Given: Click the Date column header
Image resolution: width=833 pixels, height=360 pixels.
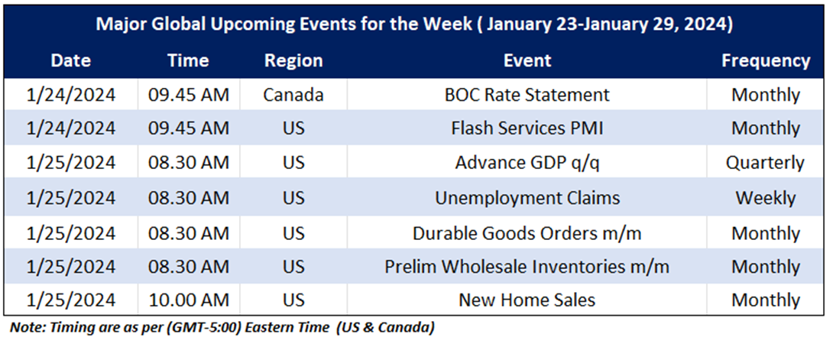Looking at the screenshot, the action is (70, 60).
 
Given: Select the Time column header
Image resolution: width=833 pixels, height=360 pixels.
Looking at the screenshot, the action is (188, 60).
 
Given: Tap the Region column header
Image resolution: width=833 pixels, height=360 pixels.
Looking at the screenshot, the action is (293, 61).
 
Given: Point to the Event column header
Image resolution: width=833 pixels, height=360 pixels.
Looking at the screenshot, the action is (527, 60).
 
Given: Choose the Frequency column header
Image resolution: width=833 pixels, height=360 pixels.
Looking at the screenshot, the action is (766, 61).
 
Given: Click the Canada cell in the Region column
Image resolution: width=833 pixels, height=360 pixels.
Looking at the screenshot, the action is (293, 95).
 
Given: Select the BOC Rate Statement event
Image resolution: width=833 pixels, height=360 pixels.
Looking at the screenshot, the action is (527, 95).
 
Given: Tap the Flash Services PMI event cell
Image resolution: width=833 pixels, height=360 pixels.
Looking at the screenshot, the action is (527, 128).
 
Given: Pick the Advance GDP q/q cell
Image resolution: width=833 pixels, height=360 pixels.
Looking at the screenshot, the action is (527, 163).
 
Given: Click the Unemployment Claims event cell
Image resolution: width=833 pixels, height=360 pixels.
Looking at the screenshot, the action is (527, 197).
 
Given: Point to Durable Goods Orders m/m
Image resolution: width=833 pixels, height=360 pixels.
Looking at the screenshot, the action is (527, 233).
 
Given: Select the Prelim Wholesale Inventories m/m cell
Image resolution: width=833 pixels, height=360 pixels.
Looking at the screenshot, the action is (527, 267).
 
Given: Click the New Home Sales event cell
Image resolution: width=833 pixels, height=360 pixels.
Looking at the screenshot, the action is (527, 300).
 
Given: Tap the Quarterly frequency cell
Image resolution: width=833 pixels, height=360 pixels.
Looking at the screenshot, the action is (766, 163).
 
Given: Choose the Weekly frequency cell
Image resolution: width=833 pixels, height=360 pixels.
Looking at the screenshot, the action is (766, 198).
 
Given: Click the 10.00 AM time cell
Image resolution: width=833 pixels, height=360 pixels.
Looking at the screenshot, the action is (189, 300).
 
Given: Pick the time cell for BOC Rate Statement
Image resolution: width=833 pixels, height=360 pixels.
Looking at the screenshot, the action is (189, 95).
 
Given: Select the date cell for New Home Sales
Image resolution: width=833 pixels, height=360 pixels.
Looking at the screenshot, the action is (70, 300).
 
